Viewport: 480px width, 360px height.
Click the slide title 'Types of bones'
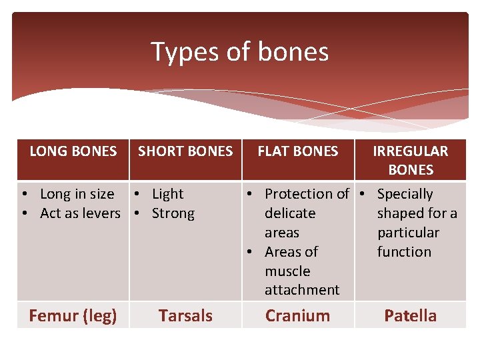[239, 51]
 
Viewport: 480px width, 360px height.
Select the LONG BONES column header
[73, 151]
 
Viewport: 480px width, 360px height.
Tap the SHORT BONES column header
[185, 151]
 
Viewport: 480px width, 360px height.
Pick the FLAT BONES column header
[297, 151]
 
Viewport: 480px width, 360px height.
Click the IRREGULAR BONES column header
[410, 160]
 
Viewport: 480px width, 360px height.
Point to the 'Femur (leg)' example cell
[73, 315]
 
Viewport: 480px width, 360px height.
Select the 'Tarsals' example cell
[185, 315]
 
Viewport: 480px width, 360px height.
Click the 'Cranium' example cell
[297, 315]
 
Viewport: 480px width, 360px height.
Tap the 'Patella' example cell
[410, 315]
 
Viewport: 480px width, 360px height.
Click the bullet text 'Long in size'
[77, 194]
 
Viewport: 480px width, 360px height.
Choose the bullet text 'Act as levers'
[80, 213]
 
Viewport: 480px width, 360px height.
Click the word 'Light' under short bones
[167, 194]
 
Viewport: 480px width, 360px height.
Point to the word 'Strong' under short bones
[173, 213]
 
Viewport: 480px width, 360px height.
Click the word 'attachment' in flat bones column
[302, 290]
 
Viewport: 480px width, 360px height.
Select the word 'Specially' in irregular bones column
[405, 194]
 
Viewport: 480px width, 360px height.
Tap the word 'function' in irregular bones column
[404, 252]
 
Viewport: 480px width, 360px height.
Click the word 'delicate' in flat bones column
[290, 213]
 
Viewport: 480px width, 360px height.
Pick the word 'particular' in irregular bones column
[408, 233]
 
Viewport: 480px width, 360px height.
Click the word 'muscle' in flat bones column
[287, 271]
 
